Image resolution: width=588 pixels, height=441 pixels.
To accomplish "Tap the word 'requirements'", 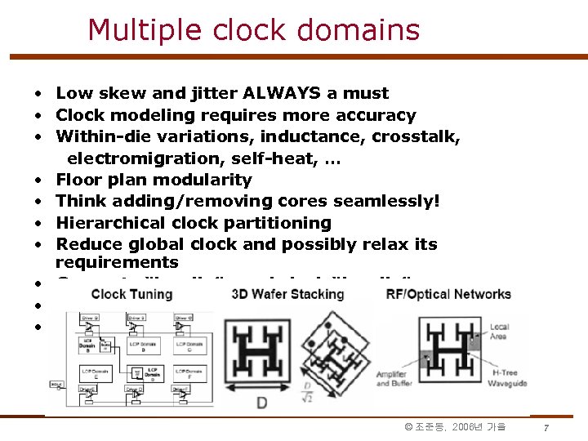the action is click(116, 262).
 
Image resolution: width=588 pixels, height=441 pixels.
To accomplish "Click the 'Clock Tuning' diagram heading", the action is click(131, 294).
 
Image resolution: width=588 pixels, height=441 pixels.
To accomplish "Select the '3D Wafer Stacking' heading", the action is click(288, 294).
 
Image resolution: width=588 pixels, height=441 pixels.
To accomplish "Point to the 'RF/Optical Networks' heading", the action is click(448, 294).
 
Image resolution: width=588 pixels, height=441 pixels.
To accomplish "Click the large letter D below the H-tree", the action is click(261, 403).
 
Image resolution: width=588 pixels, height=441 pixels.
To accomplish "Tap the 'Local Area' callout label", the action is click(499, 332).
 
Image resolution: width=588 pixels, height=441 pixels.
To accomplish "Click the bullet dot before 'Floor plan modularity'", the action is click(38, 180).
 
